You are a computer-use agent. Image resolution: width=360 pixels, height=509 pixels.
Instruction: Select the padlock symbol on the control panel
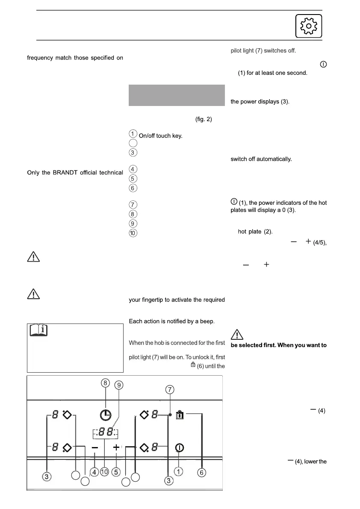(x=180, y=415)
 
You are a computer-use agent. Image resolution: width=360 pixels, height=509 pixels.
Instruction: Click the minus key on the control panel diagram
(x=95, y=447)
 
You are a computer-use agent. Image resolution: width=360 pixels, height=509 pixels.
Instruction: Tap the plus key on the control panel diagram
(x=116, y=447)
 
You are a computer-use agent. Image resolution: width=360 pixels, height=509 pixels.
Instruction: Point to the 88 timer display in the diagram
(x=105, y=432)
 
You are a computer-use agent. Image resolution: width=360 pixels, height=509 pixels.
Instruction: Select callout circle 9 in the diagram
(x=119, y=385)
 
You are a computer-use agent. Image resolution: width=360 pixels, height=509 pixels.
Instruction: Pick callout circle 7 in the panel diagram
(x=170, y=390)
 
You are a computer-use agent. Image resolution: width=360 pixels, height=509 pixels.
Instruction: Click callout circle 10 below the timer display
(x=104, y=472)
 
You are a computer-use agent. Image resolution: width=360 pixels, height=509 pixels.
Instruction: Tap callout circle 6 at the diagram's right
(x=202, y=472)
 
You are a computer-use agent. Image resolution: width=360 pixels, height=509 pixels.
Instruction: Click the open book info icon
(x=38, y=330)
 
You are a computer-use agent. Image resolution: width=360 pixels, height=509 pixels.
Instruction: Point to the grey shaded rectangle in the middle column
(x=177, y=95)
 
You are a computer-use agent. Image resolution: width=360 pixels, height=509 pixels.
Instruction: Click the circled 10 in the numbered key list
(x=133, y=234)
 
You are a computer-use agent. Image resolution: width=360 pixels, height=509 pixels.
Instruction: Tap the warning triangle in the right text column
(x=238, y=335)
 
